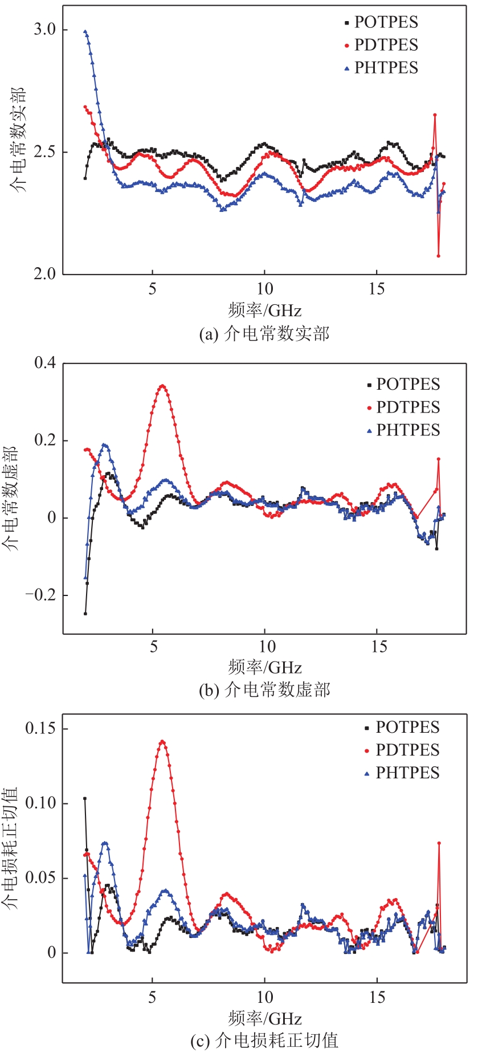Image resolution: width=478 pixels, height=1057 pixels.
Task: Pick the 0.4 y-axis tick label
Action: (45, 363)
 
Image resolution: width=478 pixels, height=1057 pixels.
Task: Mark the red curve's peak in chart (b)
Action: (163, 386)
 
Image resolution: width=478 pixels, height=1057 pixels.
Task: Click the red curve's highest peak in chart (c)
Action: (163, 741)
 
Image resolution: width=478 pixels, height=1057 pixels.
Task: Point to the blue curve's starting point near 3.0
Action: (85, 32)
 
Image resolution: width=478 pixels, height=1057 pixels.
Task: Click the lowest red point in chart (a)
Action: (438, 256)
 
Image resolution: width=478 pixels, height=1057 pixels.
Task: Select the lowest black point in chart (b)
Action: (85, 614)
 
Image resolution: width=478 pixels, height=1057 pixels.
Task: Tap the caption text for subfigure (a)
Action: (264, 334)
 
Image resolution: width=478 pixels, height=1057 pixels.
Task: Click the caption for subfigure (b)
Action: (264, 691)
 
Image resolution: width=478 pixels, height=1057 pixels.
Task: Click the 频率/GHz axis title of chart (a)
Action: (264, 311)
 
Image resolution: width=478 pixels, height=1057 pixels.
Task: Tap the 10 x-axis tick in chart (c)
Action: (264, 997)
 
